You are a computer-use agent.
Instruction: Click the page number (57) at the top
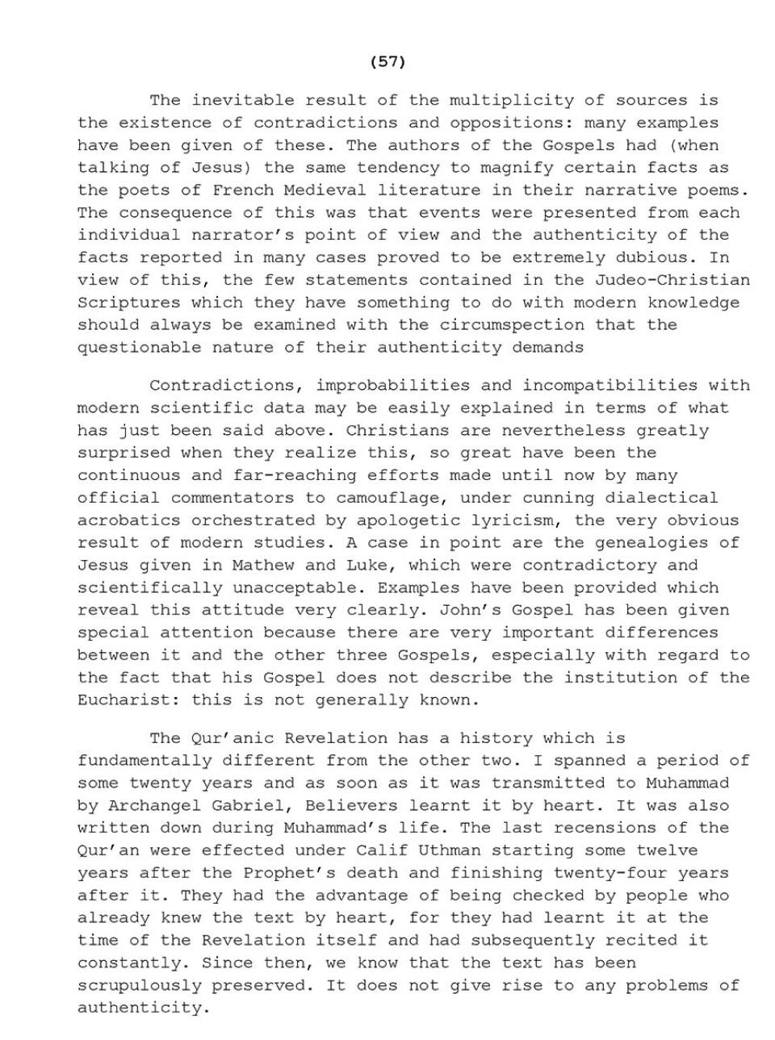387,61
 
